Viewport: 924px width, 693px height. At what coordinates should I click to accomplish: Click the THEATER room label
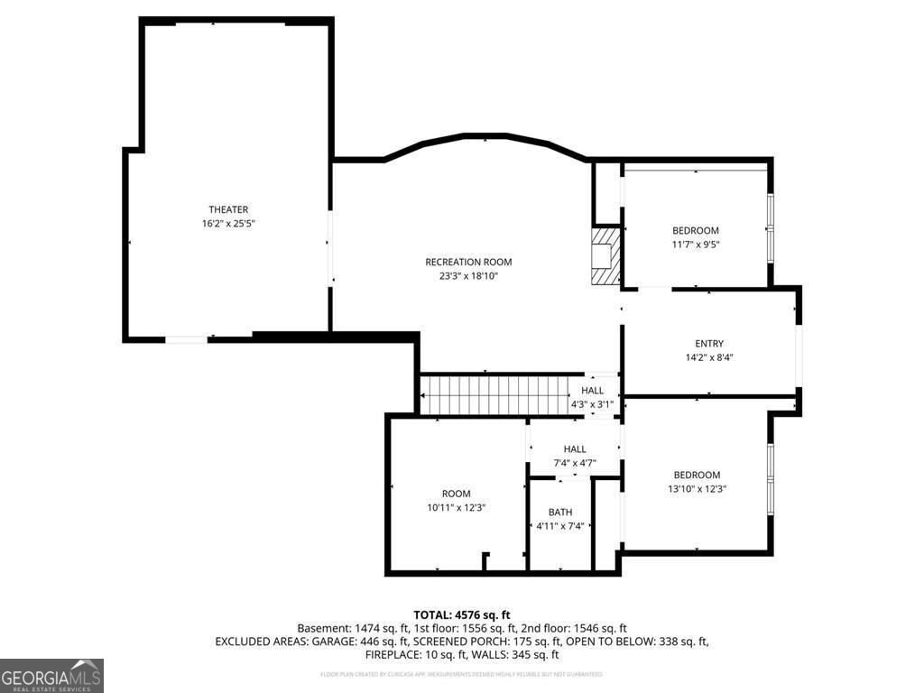pos(228,209)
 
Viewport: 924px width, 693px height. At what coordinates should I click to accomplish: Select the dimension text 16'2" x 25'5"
pos(228,223)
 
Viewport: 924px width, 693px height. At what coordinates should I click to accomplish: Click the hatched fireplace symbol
pos(606,255)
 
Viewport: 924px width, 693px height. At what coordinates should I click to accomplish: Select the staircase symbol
pos(494,394)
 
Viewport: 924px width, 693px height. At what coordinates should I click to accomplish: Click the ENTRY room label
pos(709,344)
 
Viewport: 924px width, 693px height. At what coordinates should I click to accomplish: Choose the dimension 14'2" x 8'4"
pos(709,357)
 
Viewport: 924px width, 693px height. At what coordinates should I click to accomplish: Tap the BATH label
pos(560,513)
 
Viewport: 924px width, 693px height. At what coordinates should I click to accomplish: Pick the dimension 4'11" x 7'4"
pos(560,526)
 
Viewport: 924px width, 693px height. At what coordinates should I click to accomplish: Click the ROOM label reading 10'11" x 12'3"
pos(457,494)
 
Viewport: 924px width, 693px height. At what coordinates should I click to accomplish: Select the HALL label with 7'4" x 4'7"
pos(575,449)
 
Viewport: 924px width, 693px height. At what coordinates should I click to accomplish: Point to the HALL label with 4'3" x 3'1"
pos(593,391)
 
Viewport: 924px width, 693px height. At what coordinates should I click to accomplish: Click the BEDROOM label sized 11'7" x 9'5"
pos(696,231)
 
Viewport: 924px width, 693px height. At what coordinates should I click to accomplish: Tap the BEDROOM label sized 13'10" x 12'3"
pos(697,476)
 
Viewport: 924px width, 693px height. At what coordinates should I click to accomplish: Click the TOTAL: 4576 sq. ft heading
pos(462,614)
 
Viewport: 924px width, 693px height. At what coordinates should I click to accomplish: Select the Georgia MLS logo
pos(52,676)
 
